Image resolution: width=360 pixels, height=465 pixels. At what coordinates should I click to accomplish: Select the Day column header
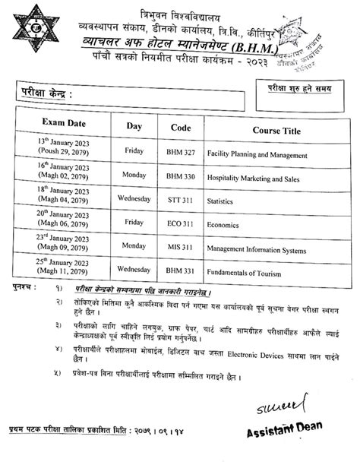pyautogui.click(x=134, y=125)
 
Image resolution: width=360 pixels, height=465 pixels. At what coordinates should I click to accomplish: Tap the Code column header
pyautogui.click(x=181, y=126)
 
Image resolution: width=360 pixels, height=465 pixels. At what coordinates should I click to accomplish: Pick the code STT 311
pyautogui.click(x=181, y=204)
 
